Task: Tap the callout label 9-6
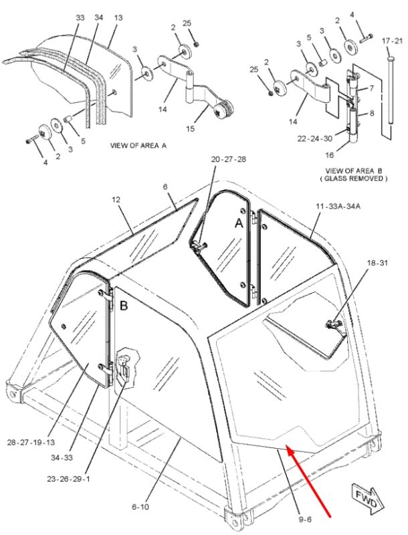(304, 520)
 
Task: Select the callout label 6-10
(140, 507)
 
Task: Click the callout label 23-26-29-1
(68, 479)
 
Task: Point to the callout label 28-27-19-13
(31, 443)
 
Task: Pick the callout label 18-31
(377, 263)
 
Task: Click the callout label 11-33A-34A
(338, 206)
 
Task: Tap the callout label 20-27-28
(228, 159)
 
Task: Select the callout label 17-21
(393, 41)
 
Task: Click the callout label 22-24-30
(314, 138)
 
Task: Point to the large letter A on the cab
(239, 223)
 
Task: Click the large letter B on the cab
(124, 306)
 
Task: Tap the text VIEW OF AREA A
(138, 146)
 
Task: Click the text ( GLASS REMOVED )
(353, 179)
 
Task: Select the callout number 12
(116, 199)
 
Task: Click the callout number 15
(191, 128)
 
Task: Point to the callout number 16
(329, 155)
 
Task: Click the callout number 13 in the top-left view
(118, 17)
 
